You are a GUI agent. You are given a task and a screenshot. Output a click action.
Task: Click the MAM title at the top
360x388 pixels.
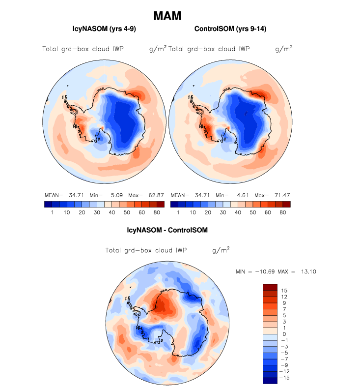coord(167,16)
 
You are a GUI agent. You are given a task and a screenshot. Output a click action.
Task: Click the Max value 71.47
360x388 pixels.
coord(274,195)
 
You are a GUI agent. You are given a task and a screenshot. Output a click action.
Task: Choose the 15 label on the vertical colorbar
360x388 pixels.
coord(284,291)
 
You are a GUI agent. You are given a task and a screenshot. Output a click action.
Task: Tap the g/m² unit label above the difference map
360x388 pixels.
coord(221,250)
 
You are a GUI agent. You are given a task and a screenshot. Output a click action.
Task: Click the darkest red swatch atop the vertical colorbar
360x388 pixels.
coord(271,287)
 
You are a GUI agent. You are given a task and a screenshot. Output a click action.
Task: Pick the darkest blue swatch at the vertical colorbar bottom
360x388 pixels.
coord(271,380)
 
